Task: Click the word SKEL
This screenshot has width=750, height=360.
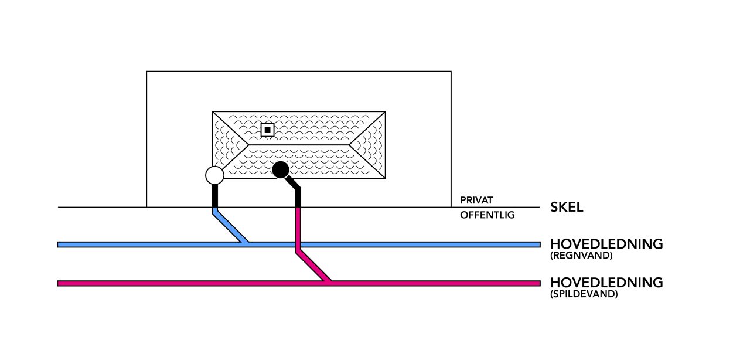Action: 566,207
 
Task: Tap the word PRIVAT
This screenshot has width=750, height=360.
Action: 476,201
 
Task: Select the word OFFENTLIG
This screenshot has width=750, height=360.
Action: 487,215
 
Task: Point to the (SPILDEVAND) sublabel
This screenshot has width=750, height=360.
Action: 584,294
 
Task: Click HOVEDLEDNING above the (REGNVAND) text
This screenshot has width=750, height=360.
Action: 606,244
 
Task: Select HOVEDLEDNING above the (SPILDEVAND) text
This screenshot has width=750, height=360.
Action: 606,283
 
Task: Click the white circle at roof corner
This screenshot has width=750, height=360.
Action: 215,175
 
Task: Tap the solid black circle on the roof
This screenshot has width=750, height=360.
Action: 281,170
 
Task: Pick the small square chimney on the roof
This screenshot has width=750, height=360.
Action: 267,130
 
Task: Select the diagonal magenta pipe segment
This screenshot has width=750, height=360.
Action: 312,266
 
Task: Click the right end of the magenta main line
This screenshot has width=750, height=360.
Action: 538,283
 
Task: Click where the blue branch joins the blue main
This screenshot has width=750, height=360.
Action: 247,243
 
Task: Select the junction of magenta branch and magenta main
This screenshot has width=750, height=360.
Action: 328,283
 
